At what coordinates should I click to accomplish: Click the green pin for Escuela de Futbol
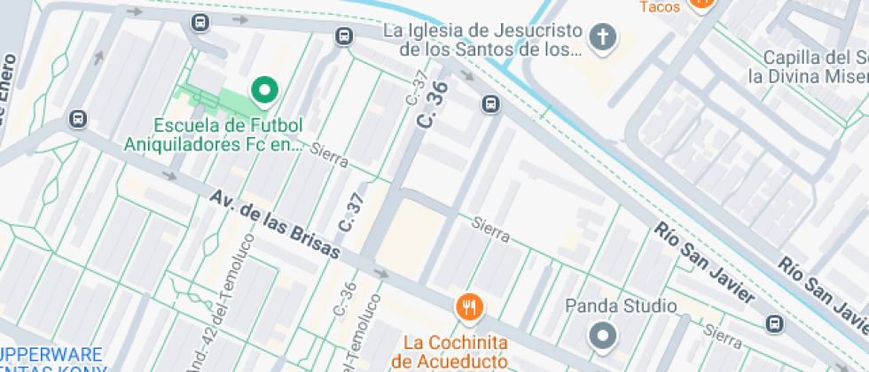pos(263,89)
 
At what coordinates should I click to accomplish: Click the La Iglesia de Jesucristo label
pos(483,40)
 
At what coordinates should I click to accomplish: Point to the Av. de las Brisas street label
pos(276,224)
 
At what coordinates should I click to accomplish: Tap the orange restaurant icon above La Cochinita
pos(469,307)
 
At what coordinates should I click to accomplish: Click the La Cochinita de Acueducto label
pos(455,352)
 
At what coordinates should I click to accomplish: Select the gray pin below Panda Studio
pos(603,336)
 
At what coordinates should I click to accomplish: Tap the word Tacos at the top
pos(659,7)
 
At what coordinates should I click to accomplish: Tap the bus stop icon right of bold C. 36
pos(490,105)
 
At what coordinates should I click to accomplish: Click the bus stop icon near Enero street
pos(78,119)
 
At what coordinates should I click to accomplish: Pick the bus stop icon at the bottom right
pos(774,323)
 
